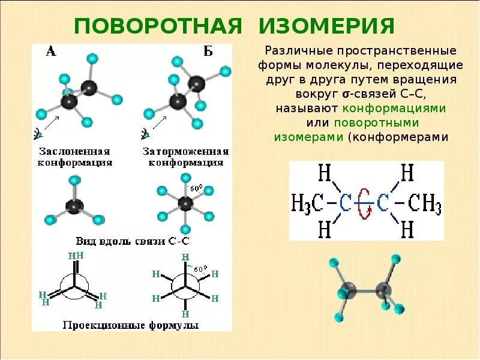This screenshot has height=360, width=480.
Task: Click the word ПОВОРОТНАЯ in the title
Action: coord(158,26)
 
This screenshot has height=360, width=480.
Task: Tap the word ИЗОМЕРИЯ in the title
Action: coord(327,26)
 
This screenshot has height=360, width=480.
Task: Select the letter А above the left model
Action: coord(51,51)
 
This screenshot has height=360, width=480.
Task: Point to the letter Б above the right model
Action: coord(208,51)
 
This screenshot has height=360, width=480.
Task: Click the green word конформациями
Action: coord(394,109)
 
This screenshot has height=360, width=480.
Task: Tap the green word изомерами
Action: coord(308,137)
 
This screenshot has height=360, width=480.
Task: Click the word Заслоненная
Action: coord(75,151)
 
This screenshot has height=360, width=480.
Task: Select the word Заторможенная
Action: coord(186,151)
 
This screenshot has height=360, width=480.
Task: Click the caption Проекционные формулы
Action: coord(130,325)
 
